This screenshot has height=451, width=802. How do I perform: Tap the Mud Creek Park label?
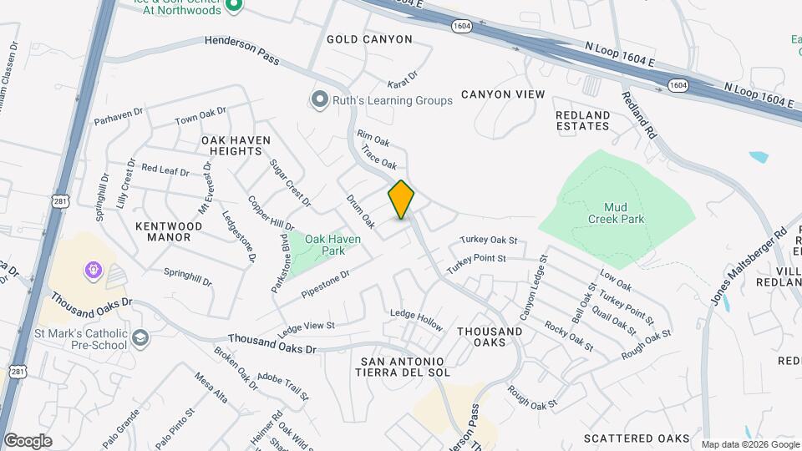pos(616,213)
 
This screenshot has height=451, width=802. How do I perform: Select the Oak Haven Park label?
pos(332,245)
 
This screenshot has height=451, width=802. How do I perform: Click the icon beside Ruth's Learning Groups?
pos(319,100)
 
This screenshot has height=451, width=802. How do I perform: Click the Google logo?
pos(27,441)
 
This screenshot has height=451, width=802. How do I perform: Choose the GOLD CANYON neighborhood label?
pos(369,39)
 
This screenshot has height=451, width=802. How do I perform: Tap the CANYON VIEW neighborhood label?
pos(502,94)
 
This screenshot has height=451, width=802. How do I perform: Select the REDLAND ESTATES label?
pos(583,120)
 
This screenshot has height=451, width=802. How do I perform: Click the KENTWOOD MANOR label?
pos(169,231)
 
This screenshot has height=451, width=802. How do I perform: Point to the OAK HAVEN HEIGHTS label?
pos(231,145)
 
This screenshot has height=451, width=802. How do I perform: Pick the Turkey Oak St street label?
pos(488,241)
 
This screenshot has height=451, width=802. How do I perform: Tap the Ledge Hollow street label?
pos(416,318)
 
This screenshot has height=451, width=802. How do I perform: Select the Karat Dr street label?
pos(401,85)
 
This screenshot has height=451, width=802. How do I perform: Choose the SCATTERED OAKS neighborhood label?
pos(637,438)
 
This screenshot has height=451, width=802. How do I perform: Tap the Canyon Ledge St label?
pos(533,286)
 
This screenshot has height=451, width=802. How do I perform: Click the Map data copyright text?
pos(750,444)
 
